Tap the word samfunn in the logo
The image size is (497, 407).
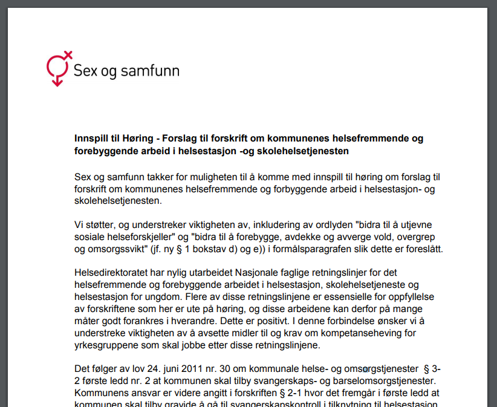149,71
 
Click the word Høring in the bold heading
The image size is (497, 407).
140,138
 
